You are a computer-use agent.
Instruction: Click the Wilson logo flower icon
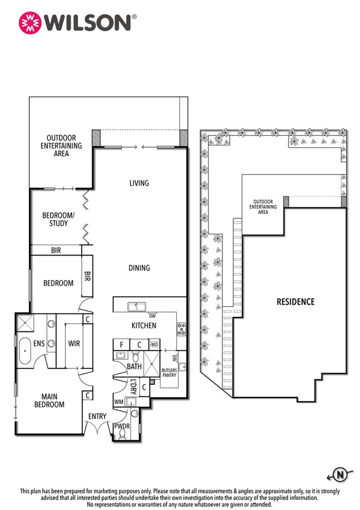coord(29,22)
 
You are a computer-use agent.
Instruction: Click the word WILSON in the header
coord(87,22)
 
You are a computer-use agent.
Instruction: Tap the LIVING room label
coord(139,183)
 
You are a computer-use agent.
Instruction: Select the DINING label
coord(139,268)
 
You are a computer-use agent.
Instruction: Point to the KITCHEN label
coord(144,325)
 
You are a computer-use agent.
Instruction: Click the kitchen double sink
coord(138,307)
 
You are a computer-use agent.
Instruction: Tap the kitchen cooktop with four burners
coord(181,328)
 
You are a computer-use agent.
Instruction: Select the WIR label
coord(75,344)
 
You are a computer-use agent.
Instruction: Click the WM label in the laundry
coord(119,401)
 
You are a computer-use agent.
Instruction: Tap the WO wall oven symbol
coord(154,345)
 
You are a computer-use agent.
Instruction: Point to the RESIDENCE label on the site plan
coord(295,301)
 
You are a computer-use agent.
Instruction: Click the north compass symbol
coord(340,476)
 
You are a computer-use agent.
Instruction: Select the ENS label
coord(38,344)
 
